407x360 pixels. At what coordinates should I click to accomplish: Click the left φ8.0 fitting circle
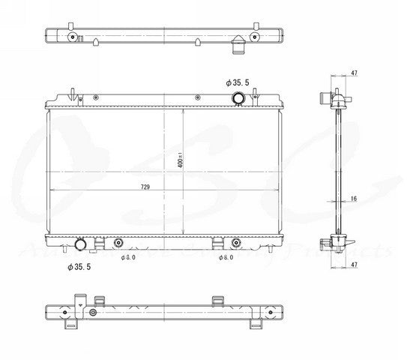click(x=118, y=242)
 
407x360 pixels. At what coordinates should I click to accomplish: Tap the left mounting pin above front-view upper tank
click(x=74, y=93)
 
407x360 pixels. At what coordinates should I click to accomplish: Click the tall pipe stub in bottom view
click(x=77, y=303)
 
